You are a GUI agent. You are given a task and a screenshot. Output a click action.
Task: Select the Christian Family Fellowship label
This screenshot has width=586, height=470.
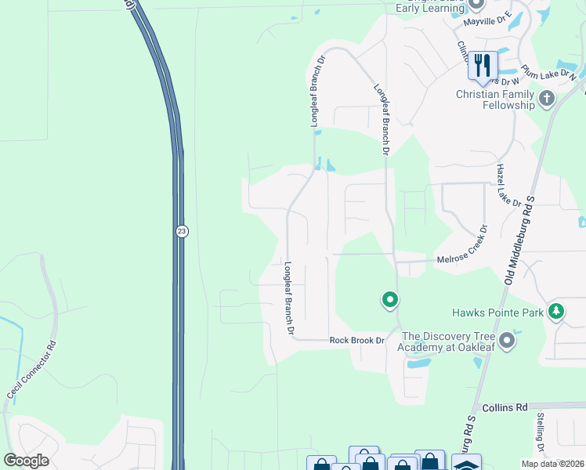pyautogui.click(x=495, y=99)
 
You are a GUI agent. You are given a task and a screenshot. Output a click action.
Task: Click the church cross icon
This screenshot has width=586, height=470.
pyautogui.click(x=546, y=99)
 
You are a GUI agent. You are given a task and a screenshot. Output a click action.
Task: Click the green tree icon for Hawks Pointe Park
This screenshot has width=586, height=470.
pyautogui.click(x=556, y=312)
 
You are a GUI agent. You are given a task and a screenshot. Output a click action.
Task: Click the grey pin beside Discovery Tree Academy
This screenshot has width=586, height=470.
pyautogui.click(x=508, y=340)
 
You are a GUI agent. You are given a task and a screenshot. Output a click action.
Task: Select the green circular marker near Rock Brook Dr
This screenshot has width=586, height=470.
pyautogui.click(x=389, y=299)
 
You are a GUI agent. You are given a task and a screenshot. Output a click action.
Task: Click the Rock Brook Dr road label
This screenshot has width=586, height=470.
pyautogui.click(x=357, y=340)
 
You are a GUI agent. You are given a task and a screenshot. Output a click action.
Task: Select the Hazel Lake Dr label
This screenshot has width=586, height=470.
pyautogui.click(x=508, y=186)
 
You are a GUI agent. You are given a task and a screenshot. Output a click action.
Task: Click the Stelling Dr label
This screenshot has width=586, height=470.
pyautogui.click(x=540, y=436)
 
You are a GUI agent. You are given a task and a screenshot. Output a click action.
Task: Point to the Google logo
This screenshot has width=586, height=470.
pyautogui.click(x=27, y=461)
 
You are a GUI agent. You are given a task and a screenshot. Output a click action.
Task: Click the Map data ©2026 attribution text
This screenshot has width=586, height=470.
pyautogui.click(x=552, y=464)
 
